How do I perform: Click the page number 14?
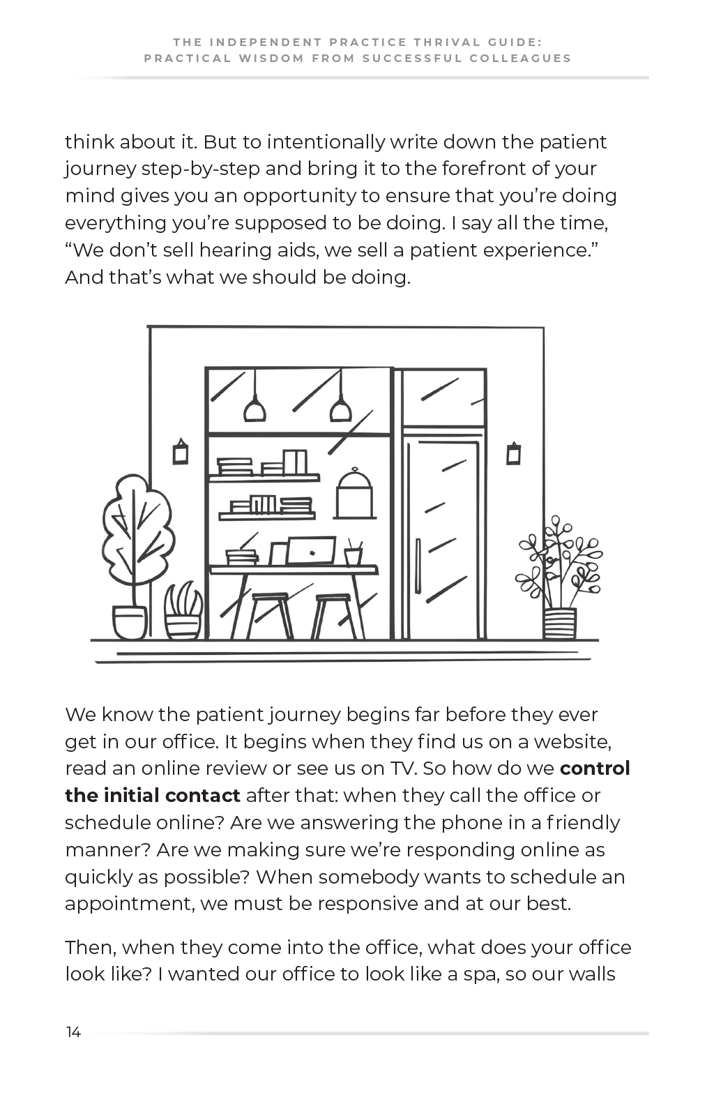pyautogui.click(x=73, y=1033)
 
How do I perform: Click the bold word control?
pyautogui.click(x=595, y=769)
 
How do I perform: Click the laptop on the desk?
pyautogui.click(x=312, y=551)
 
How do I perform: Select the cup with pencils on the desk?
pyautogui.click(x=353, y=554)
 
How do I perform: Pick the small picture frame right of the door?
pyautogui.click(x=514, y=453)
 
